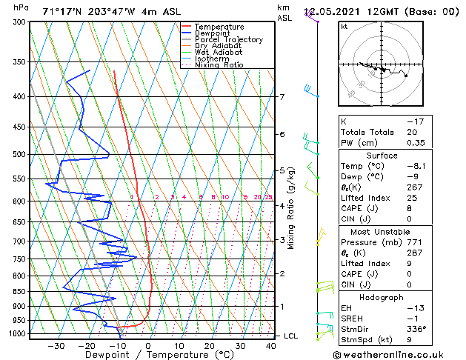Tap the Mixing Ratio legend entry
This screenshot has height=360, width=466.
(x=219, y=65)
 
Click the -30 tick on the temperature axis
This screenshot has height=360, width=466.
(x=56, y=346)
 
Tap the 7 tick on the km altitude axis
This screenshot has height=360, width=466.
(x=282, y=97)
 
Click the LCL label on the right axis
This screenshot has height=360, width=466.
(x=291, y=336)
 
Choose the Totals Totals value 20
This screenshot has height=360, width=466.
(x=412, y=132)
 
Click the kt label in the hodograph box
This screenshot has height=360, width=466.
(x=344, y=27)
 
